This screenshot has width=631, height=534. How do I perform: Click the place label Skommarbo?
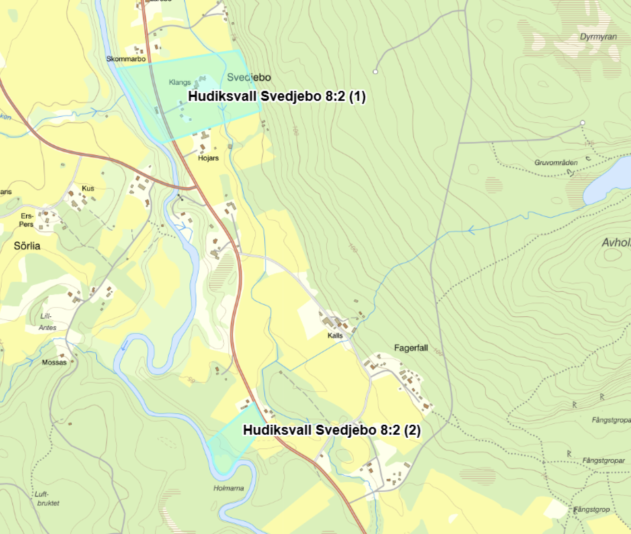(126, 59)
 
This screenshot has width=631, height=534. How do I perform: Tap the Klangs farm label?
(180, 82)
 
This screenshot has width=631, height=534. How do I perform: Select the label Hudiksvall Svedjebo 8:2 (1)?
(276, 96)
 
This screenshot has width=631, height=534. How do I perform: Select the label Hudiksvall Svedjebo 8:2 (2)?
(331, 430)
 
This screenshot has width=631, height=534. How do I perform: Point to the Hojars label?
(208, 158)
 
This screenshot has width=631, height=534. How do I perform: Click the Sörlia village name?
(27, 246)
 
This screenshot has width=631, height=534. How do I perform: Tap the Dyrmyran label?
(598, 37)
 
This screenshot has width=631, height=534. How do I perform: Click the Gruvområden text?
(556, 162)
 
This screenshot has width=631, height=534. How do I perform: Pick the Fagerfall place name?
(411, 347)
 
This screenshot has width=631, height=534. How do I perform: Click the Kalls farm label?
(335, 335)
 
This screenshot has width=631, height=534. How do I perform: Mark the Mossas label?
(54, 362)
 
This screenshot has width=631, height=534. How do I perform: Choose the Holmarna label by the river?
(228, 488)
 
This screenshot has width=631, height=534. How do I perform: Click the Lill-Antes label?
(47, 321)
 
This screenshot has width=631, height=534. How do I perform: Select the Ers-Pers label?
(27, 220)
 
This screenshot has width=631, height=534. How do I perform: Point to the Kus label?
(88, 188)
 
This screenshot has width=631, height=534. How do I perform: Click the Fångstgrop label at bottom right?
(592, 509)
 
